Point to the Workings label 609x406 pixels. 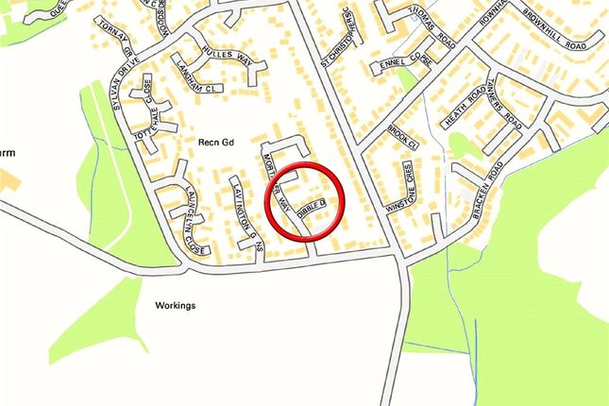[x=176, y=306]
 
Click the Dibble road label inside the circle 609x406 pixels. [x=312, y=208]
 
